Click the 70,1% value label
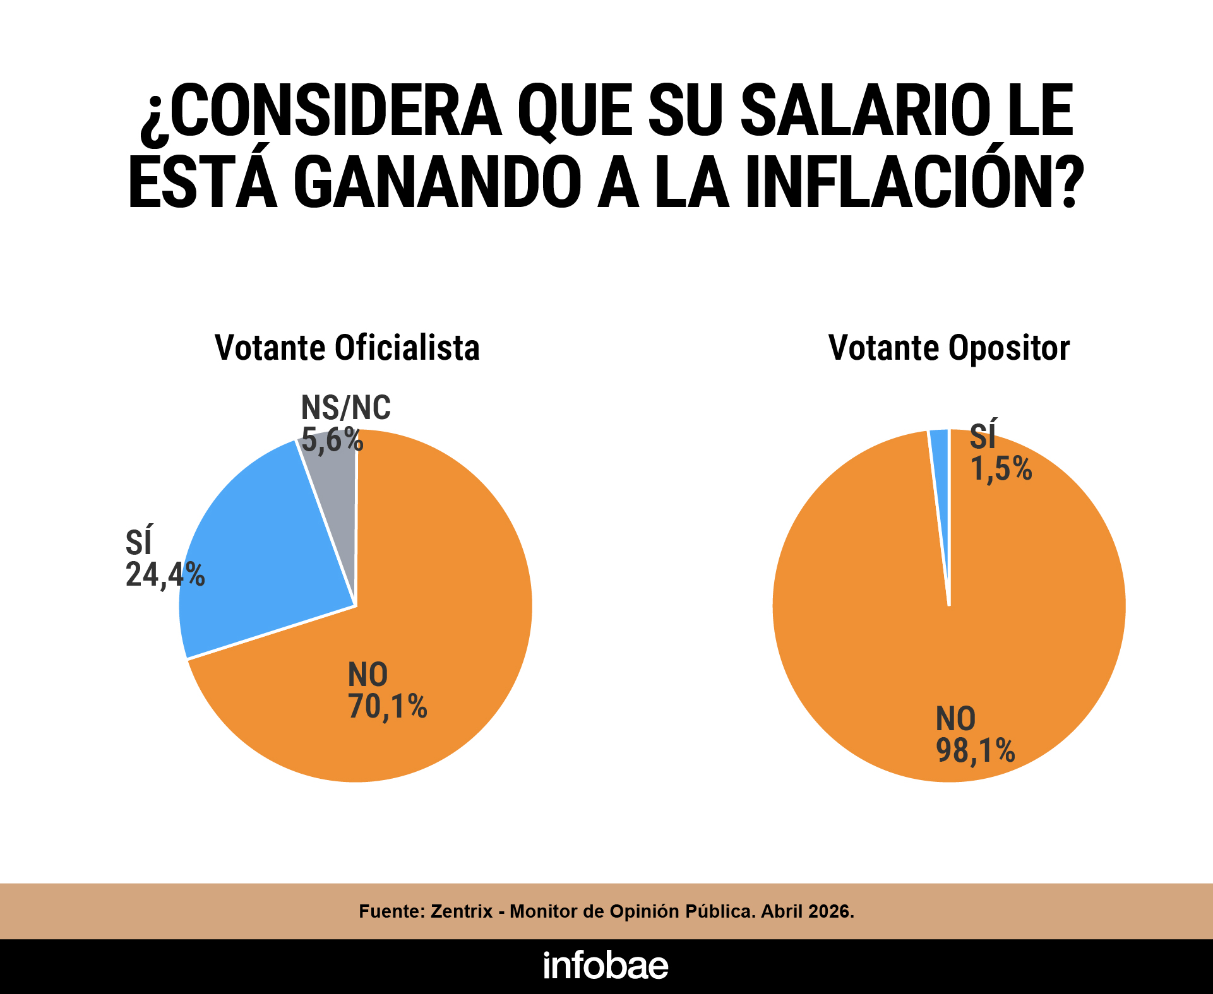tap(388, 707)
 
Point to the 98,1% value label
tap(976, 751)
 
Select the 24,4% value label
tap(165, 575)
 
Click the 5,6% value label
tap(332, 439)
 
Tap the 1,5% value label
tap(1001, 469)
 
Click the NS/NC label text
tap(346, 408)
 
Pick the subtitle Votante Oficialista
tap(347, 348)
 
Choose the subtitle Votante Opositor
tap(949, 348)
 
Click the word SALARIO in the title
tap(865, 111)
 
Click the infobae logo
tap(606, 966)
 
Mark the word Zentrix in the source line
tap(462, 911)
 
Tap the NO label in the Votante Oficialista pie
tap(368, 675)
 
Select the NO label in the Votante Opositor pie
tap(956, 719)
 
